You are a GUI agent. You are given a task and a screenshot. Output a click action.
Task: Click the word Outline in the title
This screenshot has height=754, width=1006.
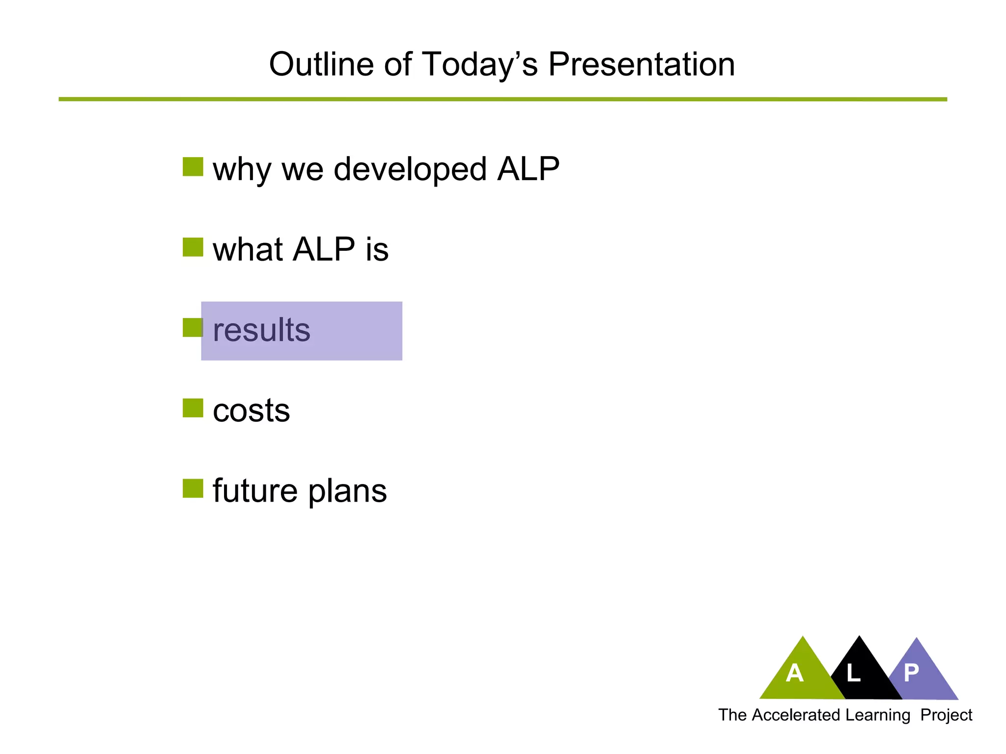tap(324, 64)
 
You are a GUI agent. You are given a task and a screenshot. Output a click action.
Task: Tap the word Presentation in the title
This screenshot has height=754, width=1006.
tap(641, 64)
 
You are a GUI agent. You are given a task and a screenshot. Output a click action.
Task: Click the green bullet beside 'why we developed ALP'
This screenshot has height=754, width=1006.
tap(193, 167)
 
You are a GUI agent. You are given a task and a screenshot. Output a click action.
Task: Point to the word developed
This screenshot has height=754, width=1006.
tap(410, 170)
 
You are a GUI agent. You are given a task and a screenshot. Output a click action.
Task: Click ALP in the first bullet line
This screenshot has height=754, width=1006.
tap(528, 169)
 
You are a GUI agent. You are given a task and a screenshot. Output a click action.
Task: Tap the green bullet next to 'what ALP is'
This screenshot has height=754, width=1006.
tap(193, 247)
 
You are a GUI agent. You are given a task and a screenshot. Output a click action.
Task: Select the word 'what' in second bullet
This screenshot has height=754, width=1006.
tap(247, 249)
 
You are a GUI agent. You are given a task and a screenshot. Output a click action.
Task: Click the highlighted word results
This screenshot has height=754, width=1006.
tap(261, 330)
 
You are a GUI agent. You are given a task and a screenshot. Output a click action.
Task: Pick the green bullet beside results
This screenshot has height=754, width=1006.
tap(192, 328)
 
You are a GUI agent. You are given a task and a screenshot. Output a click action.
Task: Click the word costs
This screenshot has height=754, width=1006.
tap(251, 410)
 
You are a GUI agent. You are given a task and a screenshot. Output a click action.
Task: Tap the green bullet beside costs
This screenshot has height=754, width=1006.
tap(193, 408)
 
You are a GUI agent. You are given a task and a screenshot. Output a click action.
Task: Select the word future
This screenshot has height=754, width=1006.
tap(255, 490)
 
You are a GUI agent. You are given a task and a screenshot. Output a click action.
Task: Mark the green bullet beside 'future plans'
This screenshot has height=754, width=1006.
tap(193, 488)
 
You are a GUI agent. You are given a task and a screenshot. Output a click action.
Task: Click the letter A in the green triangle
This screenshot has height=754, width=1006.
tap(794, 673)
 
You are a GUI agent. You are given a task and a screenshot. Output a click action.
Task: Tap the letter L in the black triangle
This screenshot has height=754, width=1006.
tap(853, 673)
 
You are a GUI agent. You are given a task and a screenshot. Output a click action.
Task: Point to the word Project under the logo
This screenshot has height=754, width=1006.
tap(946, 715)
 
